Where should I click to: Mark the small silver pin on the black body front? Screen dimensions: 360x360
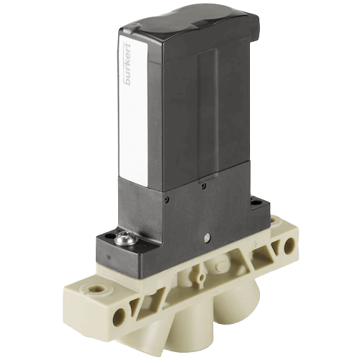(x=207, y=235)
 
